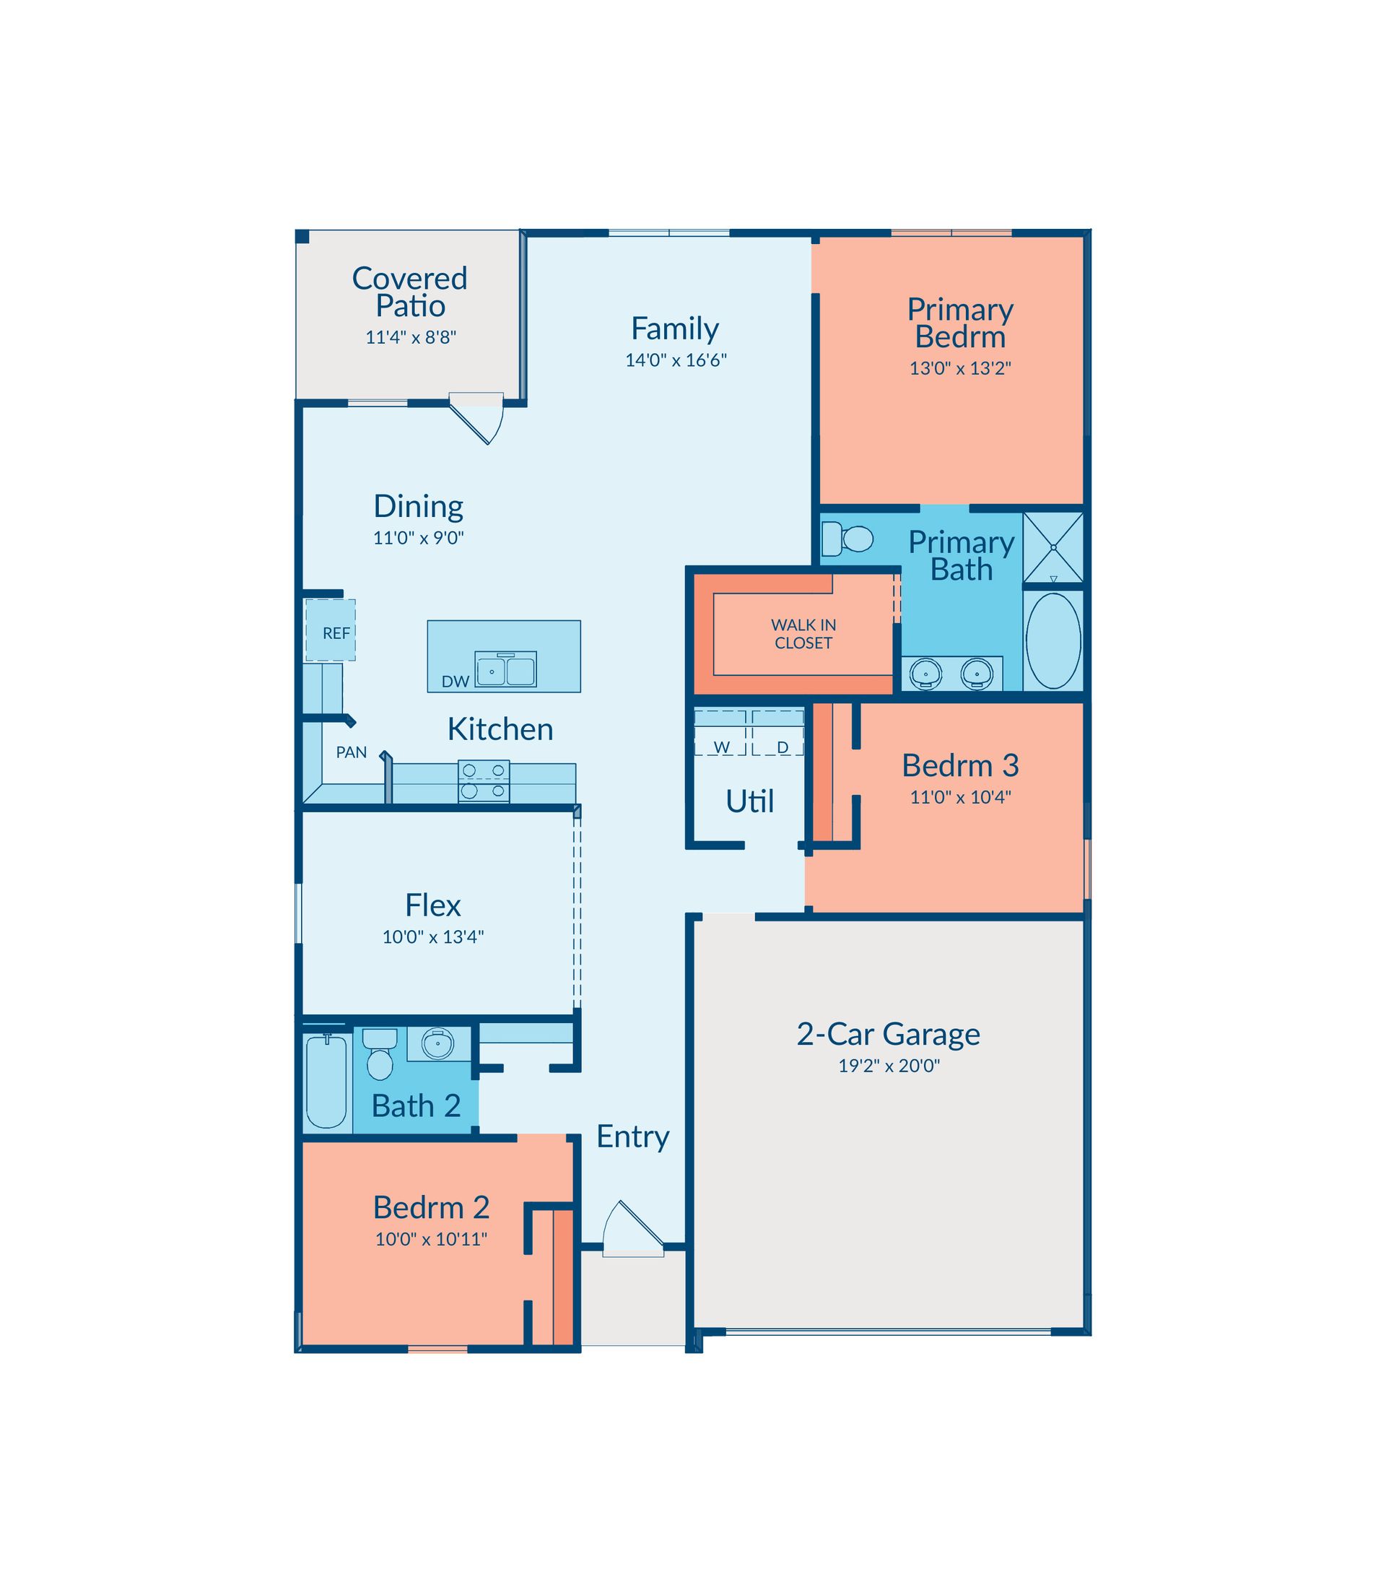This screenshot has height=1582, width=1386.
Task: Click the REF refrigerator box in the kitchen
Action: point(331,630)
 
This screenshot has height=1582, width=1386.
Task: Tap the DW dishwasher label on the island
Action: point(456,682)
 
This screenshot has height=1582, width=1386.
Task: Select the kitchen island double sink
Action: point(506,670)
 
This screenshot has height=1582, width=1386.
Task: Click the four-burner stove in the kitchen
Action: point(484,781)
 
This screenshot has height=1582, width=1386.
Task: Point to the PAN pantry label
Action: point(351,752)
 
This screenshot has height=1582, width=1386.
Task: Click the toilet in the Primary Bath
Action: point(847,539)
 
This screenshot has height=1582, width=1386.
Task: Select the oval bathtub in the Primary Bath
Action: point(1052,640)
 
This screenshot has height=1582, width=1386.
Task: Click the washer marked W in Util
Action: point(721,732)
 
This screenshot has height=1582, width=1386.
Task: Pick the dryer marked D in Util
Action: point(778,732)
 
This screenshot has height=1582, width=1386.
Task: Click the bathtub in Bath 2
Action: point(326,1082)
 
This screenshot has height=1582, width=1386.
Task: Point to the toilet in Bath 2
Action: point(380,1053)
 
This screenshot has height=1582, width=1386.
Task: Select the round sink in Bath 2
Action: point(437,1044)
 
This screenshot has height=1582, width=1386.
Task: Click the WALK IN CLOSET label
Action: point(803,633)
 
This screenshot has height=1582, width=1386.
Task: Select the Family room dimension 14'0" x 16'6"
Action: point(676,360)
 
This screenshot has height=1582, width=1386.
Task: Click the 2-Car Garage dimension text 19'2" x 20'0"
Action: point(889,1065)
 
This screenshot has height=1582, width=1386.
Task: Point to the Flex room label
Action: point(433,905)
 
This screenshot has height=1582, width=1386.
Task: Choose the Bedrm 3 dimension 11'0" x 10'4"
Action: point(960,797)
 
